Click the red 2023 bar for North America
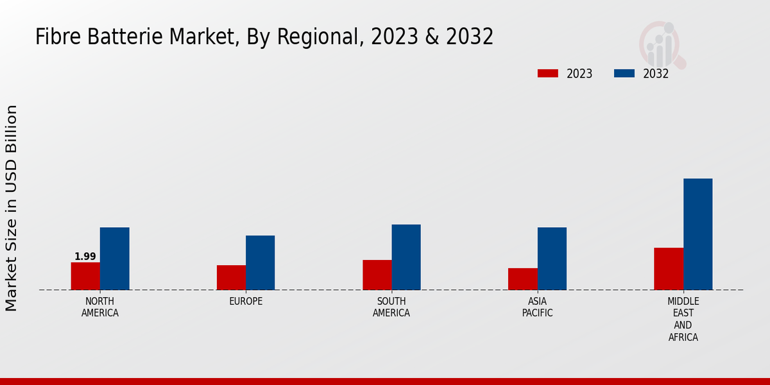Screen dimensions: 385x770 click(85, 276)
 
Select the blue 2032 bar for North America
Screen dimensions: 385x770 click(114, 259)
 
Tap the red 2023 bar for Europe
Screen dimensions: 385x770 click(231, 277)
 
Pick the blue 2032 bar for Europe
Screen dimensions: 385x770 click(260, 262)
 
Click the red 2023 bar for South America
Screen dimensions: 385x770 click(377, 275)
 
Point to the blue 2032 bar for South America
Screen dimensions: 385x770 click(406, 257)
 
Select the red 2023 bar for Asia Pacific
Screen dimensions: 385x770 click(522, 278)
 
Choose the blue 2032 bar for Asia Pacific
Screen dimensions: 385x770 click(552, 259)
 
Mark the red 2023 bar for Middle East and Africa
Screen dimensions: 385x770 click(669, 268)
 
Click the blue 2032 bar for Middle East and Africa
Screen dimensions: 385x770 click(697, 234)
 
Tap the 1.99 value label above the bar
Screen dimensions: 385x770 click(85, 257)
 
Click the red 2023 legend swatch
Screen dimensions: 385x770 click(548, 73)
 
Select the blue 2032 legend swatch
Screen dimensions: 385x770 click(624, 73)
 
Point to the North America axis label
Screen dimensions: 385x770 click(100, 307)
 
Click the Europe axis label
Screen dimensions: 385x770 click(246, 302)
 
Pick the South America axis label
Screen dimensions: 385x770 click(391, 307)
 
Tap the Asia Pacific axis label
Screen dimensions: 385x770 click(537, 307)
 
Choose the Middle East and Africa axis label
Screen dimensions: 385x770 click(683, 319)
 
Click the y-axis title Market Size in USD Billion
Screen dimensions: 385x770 click(12, 209)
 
